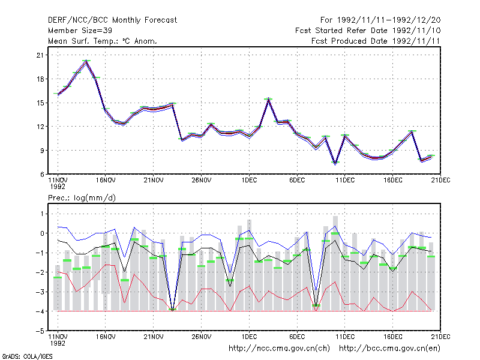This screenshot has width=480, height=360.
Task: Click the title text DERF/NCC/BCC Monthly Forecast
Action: [x=112, y=20]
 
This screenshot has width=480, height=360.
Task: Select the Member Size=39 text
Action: [x=80, y=31]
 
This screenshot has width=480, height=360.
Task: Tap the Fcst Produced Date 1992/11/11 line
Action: [x=376, y=41]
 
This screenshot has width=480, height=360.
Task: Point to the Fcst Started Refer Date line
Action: [x=368, y=31]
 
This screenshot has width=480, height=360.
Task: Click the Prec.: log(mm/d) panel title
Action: [x=82, y=198]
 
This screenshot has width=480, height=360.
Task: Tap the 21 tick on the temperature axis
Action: [x=40, y=55]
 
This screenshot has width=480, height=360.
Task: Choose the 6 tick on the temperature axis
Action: [x=42, y=175]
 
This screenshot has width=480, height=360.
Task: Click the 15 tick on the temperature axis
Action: [x=40, y=103]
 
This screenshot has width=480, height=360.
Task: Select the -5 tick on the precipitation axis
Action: [x=40, y=331]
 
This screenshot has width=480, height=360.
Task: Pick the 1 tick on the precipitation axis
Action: [x=42, y=214]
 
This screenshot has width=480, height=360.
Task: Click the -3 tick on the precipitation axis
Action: [x=40, y=292]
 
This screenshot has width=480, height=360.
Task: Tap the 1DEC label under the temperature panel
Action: [x=249, y=181]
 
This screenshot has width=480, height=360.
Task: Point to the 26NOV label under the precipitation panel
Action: [x=201, y=337]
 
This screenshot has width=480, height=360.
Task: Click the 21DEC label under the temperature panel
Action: [x=440, y=181]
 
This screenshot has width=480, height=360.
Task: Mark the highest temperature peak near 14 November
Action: [x=86, y=61]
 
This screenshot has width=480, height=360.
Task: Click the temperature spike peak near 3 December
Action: [x=268, y=99]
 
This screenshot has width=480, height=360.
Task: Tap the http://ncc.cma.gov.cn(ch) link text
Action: [x=279, y=349]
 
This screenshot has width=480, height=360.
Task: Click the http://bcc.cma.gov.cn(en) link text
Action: [x=389, y=349]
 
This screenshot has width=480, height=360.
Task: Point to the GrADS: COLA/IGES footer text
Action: [x=27, y=356]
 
